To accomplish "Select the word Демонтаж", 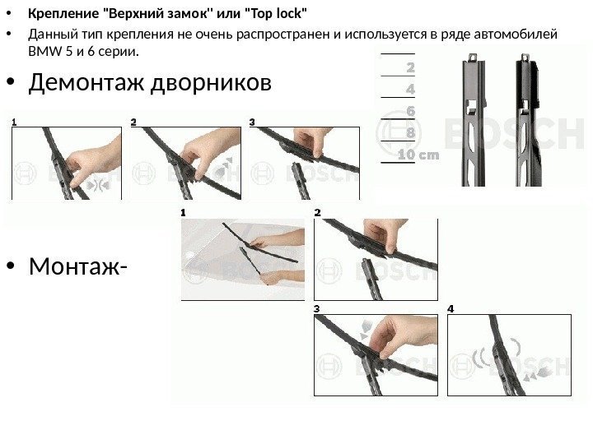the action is point(86,82).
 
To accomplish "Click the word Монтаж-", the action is point(78,266).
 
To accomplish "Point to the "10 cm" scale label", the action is point(418,155).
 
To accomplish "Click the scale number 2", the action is point(411,67).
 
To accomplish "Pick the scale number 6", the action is point(411,111).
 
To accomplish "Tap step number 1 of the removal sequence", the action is point(14,122).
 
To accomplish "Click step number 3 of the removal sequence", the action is point(252,122).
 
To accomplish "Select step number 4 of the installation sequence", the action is point(451,309).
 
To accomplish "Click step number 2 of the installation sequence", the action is point(318,213).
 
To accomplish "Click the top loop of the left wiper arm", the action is point(472,58).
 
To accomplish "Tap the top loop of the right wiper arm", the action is point(525,58).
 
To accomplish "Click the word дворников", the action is point(211,82).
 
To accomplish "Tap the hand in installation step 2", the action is point(384,234).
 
